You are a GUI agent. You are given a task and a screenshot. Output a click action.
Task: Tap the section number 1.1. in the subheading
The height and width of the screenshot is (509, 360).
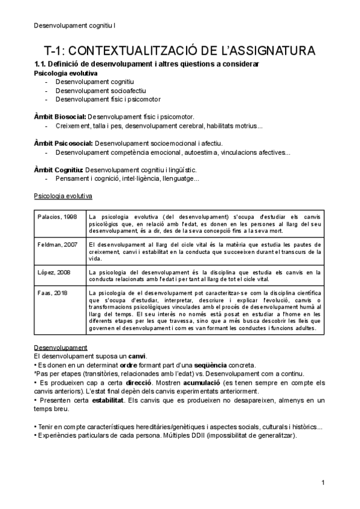[x=39, y=64]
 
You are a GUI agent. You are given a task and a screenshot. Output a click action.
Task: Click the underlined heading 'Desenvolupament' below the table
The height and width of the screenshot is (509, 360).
[x=61, y=348]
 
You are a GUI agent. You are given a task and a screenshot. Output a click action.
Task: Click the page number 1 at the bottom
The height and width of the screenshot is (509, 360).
[x=323, y=483]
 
